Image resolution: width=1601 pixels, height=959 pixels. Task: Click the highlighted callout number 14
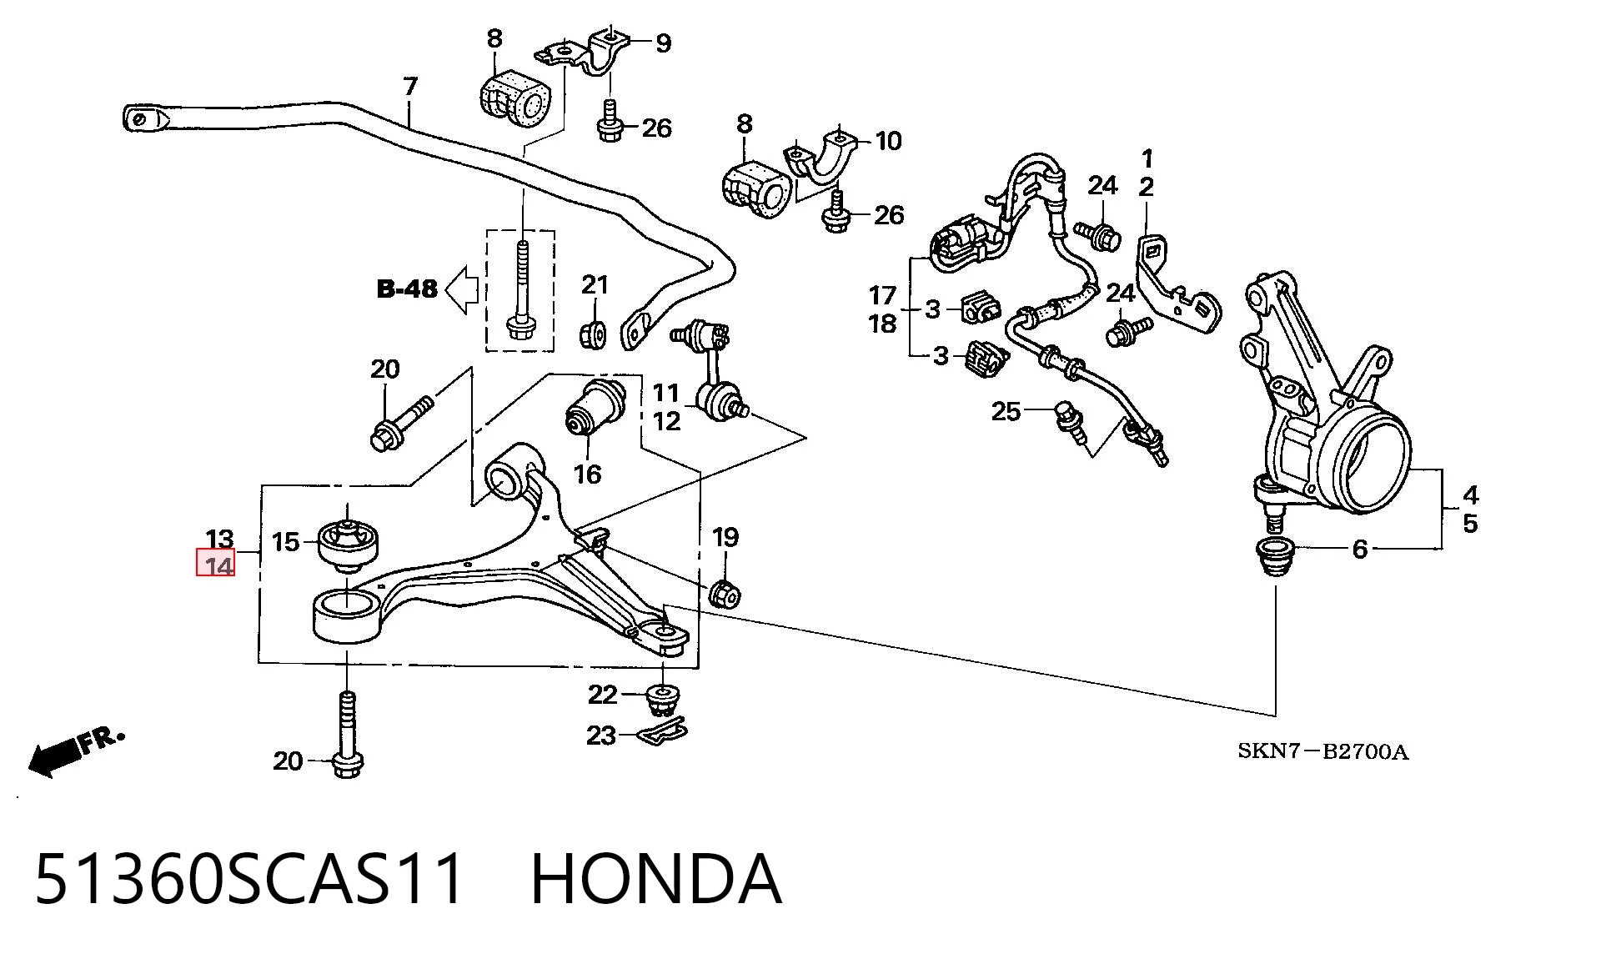pos(216,563)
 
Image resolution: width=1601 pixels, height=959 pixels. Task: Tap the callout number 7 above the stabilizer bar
pos(409,87)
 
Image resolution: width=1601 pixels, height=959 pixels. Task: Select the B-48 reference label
pos(407,289)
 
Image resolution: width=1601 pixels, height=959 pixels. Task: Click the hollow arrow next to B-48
pos(462,290)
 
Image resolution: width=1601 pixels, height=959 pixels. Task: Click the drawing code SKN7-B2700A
pos(1322,752)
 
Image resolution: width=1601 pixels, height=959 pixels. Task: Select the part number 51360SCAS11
pos(248,880)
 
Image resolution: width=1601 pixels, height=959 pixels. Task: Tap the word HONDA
pos(656,880)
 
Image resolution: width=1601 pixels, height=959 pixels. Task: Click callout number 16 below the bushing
pos(587,474)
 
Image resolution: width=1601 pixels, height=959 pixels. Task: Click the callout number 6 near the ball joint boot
pos(1360,549)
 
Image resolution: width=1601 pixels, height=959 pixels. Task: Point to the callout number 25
pos(1006,411)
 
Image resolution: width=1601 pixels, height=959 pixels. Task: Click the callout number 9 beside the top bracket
pos(663,43)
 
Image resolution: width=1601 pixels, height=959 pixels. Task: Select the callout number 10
pos(888,141)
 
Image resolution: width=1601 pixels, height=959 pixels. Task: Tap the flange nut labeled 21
pos(591,334)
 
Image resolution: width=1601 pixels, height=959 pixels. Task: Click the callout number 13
pos(220,539)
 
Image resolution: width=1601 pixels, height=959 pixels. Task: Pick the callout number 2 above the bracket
pos(1147,187)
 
